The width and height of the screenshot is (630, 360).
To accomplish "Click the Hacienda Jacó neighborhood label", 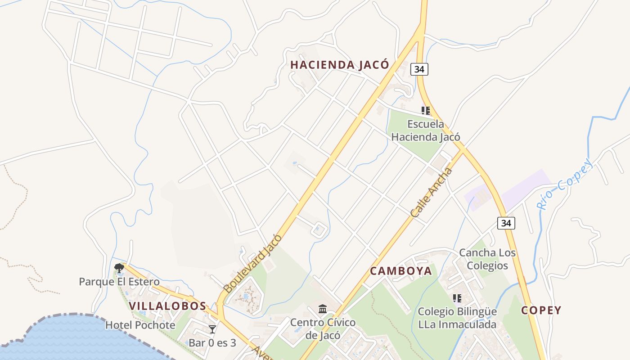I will pos(340,65).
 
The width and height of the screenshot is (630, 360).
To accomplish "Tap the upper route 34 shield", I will pos(419,69).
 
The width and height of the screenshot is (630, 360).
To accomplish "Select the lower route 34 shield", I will pos(506,223).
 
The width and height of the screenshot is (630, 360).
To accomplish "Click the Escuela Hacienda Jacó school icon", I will pos(426,110).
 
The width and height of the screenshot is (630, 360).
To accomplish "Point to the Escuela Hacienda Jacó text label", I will pos(426,130).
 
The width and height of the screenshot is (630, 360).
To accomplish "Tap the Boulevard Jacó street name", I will pos(252,264).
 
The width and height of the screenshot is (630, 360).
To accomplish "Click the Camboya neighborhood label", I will pos(401,271).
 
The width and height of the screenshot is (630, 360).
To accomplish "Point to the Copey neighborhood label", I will pos(541,310).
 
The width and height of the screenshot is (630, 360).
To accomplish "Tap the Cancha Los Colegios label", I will pos(487,259).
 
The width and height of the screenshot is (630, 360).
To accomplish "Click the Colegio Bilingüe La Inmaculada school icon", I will pos(457,298).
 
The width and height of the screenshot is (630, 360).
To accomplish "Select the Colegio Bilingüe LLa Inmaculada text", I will pos(457,318).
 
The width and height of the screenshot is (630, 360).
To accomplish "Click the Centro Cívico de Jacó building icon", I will pos(323,309).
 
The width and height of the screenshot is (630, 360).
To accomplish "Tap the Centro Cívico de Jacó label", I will pos(323,329).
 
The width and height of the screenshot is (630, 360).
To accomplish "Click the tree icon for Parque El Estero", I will pos(119,269).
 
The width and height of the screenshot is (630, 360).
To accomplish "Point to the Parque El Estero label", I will pos(119,282).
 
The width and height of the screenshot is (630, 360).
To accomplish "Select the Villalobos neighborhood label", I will pos(167,306).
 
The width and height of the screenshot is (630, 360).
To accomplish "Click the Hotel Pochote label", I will pos(140,325).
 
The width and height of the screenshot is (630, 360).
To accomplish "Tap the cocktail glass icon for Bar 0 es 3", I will pos(212,329).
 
